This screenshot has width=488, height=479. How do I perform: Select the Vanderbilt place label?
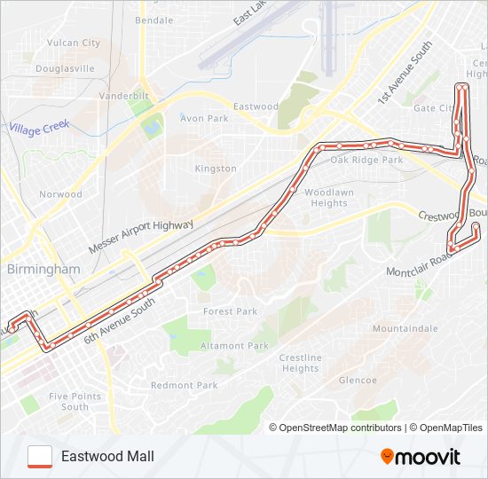[x=122, y=95]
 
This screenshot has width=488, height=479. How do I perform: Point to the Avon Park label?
[x=204, y=118]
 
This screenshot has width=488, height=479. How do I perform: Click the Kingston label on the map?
[x=216, y=169]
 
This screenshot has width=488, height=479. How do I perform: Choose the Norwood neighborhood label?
[x=60, y=194]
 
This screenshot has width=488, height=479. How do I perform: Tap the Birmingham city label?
[x=43, y=269]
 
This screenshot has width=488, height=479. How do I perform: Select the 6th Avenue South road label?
[x=119, y=320]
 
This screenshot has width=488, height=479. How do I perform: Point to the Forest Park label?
[x=230, y=311]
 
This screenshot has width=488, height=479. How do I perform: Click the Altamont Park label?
[x=234, y=345]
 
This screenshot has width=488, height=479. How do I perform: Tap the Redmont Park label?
[x=184, y=385]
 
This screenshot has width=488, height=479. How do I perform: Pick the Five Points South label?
[x=68, y=401]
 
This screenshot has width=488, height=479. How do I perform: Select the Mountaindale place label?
[x=405, y=328]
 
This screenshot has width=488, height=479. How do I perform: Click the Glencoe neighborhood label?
[x=358, y=380]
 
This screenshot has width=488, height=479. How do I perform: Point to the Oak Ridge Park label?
[x=366, y=161]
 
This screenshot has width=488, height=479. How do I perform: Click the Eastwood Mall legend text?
[x=107, y=456]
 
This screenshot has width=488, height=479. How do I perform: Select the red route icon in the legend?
[x=40, y=456]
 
